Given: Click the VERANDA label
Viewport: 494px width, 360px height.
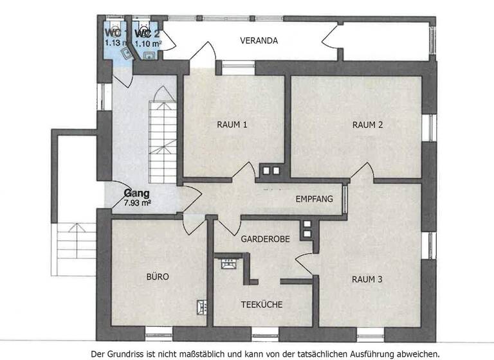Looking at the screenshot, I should point(259,40).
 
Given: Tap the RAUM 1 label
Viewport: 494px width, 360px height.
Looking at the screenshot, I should point(232,125).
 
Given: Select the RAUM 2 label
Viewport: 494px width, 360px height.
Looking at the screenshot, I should point(367,125).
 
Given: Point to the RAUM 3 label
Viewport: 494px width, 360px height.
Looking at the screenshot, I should point(367,279).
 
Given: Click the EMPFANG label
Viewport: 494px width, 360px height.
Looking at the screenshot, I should point(314,199).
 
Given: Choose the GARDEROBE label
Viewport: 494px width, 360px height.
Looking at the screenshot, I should point(265,239).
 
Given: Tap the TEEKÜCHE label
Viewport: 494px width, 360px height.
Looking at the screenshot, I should point(262,305).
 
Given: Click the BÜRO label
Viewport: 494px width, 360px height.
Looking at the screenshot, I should point(158,278).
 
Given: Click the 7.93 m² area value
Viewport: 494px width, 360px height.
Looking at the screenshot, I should point(136,203).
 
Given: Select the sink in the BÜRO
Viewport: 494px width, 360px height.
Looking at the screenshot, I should point(201,307).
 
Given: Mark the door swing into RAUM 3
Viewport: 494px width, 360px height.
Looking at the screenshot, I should point(304,264).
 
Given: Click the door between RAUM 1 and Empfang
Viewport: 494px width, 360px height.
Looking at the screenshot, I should point(244,171).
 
